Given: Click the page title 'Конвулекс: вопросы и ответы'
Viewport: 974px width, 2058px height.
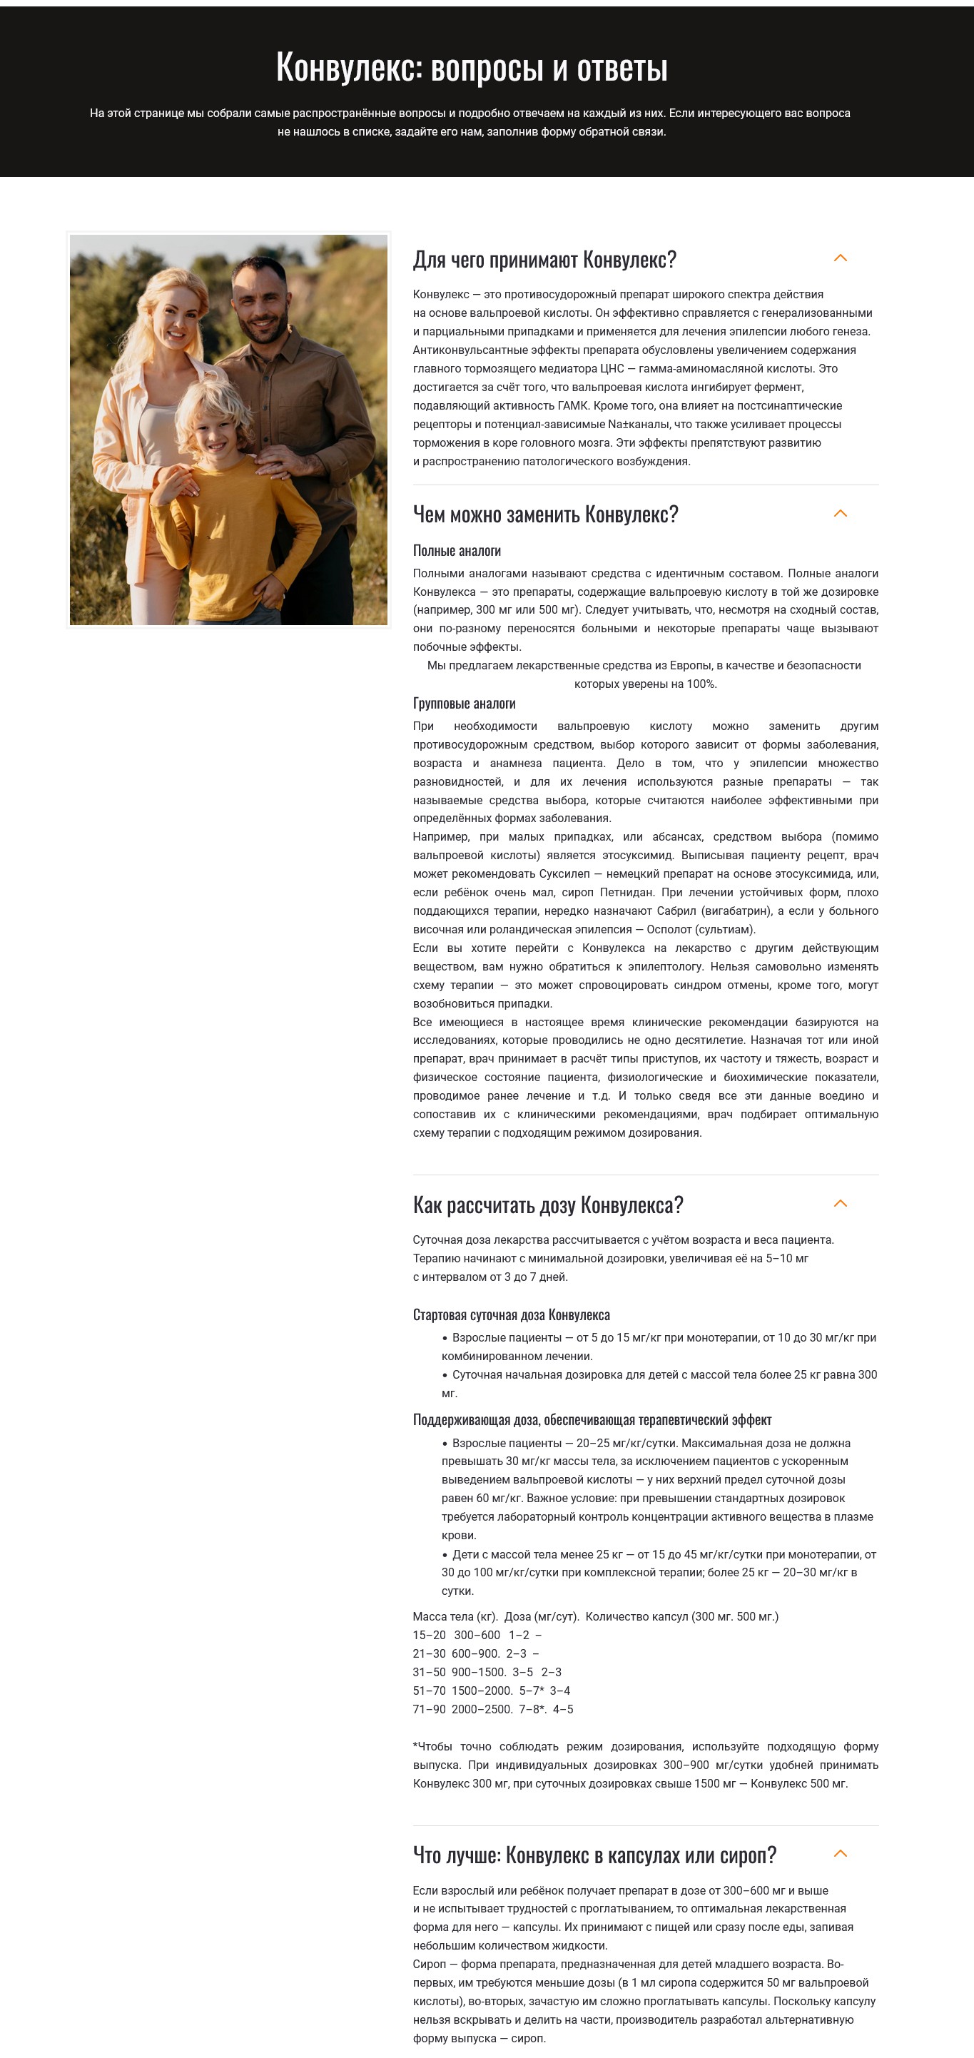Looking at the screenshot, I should point(472,67).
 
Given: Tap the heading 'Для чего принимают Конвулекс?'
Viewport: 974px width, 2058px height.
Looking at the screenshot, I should point(544,260).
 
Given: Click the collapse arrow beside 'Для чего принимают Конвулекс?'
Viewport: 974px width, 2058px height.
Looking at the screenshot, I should point(840,258).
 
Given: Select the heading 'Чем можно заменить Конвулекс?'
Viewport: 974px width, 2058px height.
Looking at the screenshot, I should point(545,514).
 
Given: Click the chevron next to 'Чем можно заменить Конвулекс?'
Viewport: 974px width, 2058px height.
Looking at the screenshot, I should point(840,514).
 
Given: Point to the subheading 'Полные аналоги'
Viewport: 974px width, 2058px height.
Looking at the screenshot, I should point(456,550).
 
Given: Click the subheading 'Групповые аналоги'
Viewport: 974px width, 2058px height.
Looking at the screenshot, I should point(463,704).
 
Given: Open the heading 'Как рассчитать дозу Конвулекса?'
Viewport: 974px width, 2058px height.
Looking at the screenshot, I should point(547,1205).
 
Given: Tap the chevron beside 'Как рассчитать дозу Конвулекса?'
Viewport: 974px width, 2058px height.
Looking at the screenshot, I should point(840,1203).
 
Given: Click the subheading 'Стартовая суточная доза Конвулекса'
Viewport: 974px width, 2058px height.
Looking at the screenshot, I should point(511,1315).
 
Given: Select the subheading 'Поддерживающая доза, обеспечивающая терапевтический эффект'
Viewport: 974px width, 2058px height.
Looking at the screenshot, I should point(592,1419).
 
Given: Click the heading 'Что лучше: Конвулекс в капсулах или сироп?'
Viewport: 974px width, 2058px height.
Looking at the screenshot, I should point(594,1855).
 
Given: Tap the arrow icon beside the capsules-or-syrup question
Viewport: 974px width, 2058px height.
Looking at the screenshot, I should point(840,1853).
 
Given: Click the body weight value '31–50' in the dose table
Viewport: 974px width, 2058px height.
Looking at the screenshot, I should point(429,1672).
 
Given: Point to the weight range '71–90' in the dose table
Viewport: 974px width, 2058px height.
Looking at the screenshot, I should point(429,1709).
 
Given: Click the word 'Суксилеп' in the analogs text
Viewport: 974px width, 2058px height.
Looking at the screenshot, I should point(564,874).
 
